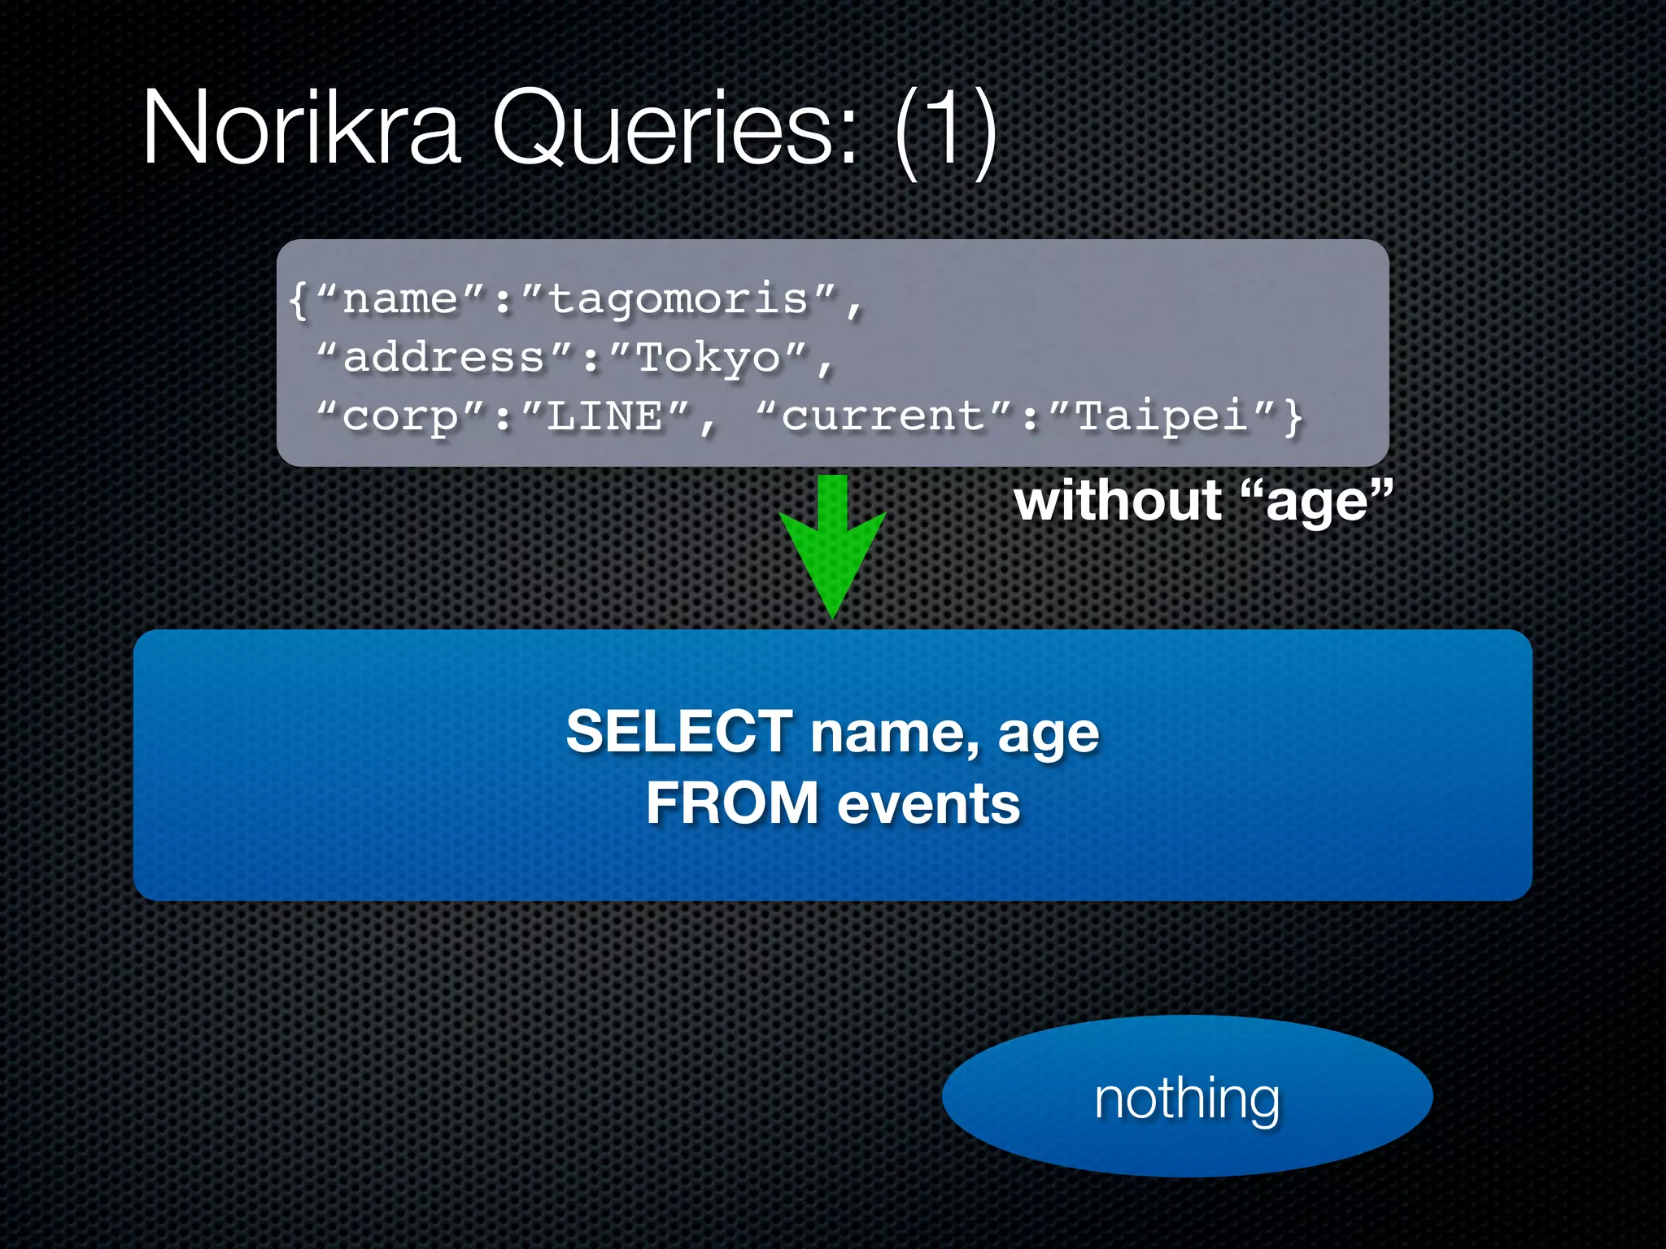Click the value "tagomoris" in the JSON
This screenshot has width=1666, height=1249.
pos(678,300)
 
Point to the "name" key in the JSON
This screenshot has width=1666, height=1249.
pos(400,300)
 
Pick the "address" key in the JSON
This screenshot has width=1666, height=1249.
pos(444,359)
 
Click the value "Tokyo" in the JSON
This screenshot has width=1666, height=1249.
pos(708,359)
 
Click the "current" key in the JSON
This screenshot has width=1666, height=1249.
pos(883,417)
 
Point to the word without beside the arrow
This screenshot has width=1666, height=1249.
pos(1118,501)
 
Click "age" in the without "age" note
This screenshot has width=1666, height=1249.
pos(1318,503)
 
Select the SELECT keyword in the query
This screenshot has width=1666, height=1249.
pos(679,731)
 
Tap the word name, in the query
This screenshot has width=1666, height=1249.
pos(895,733)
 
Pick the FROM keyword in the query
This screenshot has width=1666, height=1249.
pos(732,803)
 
